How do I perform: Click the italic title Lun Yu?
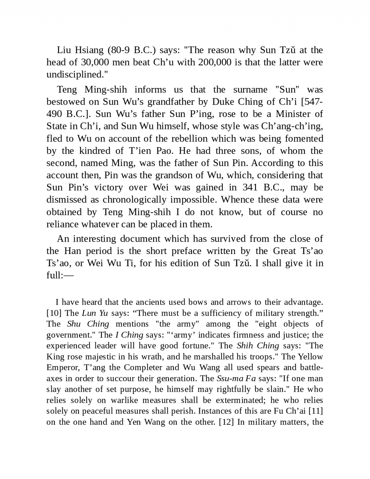[x=95, y=313]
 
